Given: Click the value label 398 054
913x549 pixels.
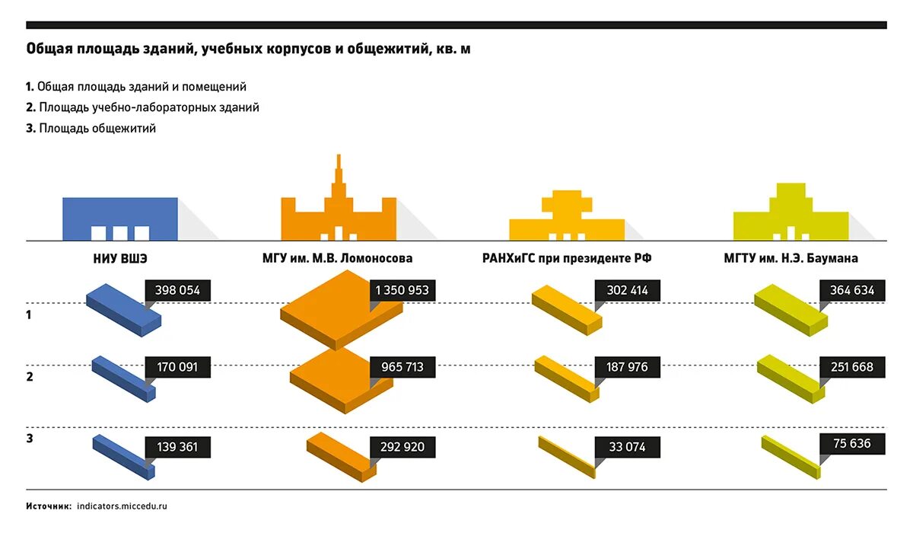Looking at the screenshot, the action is pyautogui.click(x=177, y=290).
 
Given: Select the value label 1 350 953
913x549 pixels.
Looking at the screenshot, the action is pyautogui.click(x=402, y=290).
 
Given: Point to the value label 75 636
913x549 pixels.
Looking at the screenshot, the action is pyautogui.click(x=853, y=444).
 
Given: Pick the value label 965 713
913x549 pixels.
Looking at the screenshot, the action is pyautogui.click(x=402, y=368).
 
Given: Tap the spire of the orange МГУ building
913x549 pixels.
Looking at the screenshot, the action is pyautogui.click(x=339, y=171).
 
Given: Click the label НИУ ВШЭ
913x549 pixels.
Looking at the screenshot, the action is pyautogui.click(x=119, y=259).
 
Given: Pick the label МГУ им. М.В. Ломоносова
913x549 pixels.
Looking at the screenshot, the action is pyautogui.click(x=338, y=259).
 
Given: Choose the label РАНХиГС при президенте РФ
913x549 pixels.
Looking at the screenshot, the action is pyautogui.click(x=567, y=259).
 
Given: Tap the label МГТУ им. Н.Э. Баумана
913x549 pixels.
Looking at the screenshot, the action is pyautogui.click(x=791, y=259).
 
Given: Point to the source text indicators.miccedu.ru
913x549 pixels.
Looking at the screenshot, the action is pyautogui.click(x=122, y=506).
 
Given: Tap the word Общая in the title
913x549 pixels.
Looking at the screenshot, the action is pyautogui.click(x=50, y=49).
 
